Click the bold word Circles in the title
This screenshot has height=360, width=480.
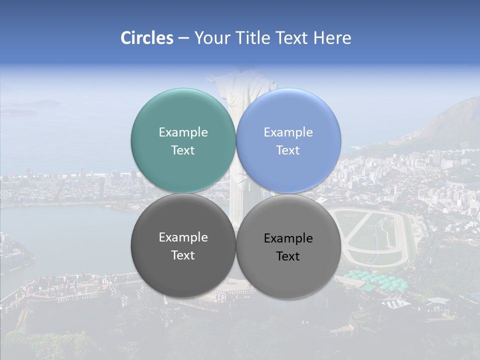(x=147, y=38)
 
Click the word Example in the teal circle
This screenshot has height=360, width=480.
(x=183, y=132)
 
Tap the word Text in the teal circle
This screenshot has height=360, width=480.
(x=183, y=150)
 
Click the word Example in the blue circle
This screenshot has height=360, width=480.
(x=288, y=132)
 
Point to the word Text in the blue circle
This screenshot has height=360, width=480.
(x=288, y=150)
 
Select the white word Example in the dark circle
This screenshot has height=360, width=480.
(x=183, y=237)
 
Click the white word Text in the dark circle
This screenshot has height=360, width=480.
(x=183, y=255)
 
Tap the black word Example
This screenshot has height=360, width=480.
(x=288, y=238)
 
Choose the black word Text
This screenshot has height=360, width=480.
(x=288, y=256)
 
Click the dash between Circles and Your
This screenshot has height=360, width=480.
(x=183, y=38)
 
